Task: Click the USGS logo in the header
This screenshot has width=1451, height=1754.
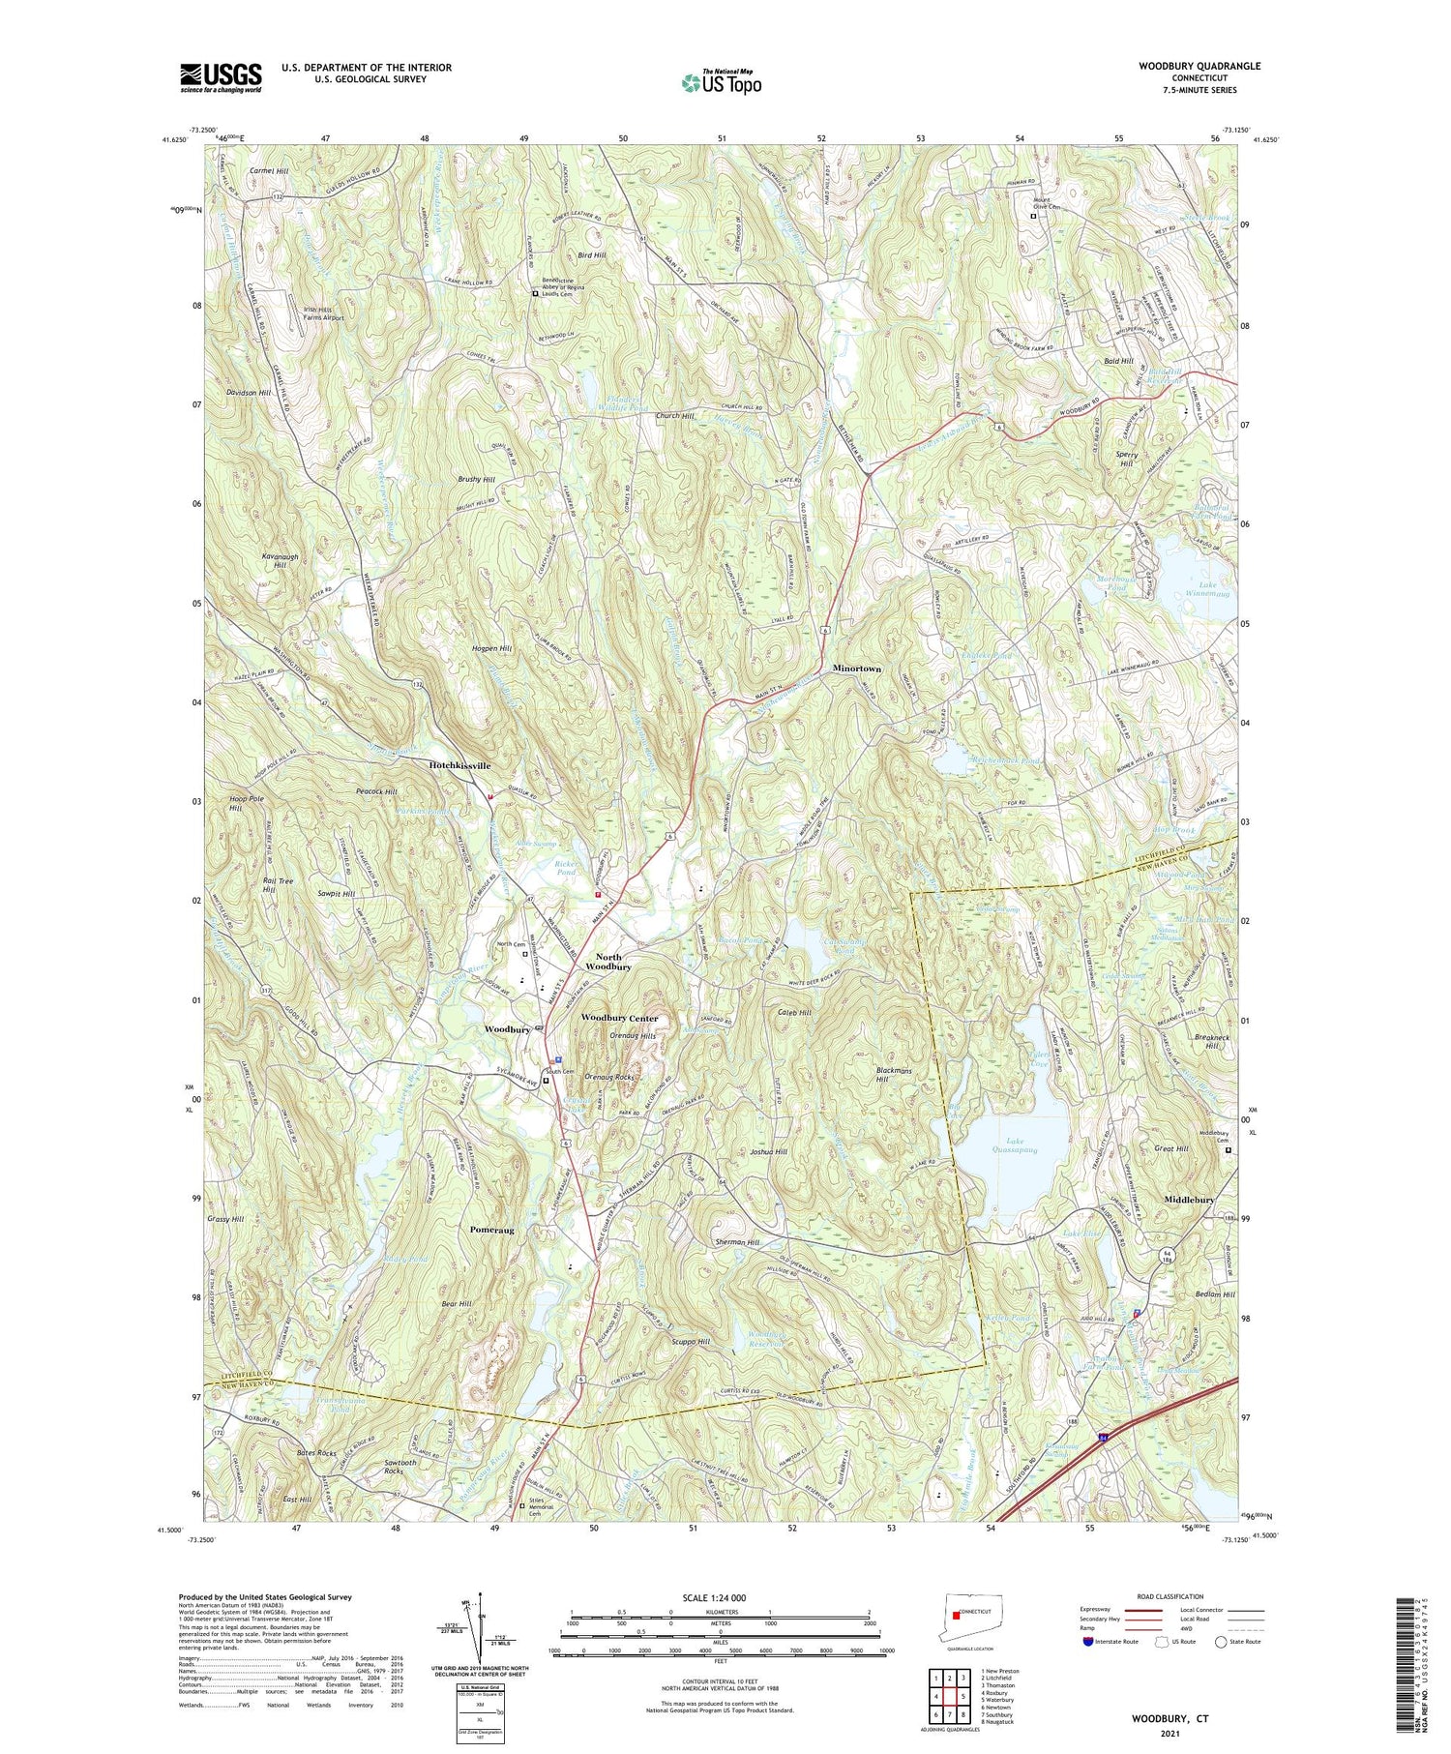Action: click(x=221, y=77)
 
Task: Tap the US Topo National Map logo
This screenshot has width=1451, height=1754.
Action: click(x=721, y=82)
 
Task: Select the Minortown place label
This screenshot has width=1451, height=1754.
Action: click(x=857, y=669)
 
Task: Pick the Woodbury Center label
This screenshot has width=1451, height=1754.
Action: click(x=619, y=1018)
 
